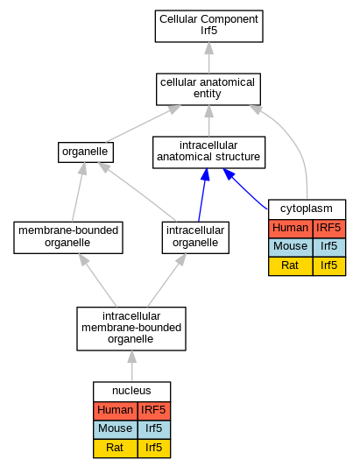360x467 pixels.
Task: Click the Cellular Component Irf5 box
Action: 208,26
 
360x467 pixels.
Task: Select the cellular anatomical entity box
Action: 208,89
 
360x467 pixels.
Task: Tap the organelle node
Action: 86,152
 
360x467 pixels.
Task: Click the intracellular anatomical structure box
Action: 208,152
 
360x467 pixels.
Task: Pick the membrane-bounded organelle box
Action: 68,237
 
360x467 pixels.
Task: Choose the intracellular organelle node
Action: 195,237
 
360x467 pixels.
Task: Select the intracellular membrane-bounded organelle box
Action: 131,329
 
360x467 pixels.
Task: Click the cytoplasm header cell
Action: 307,209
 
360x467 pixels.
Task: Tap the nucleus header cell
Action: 132,392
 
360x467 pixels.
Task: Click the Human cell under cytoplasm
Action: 291,229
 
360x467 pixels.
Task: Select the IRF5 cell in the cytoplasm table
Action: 329,229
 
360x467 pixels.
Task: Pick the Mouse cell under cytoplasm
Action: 291,247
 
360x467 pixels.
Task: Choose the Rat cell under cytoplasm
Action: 291,266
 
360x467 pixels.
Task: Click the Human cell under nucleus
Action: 116,411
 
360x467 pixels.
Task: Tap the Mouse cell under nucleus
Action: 116,430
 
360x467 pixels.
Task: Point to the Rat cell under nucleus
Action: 116,449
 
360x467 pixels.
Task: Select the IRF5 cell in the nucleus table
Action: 154,411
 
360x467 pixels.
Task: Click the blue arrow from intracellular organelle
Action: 202,195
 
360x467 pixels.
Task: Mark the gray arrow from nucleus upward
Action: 132,366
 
